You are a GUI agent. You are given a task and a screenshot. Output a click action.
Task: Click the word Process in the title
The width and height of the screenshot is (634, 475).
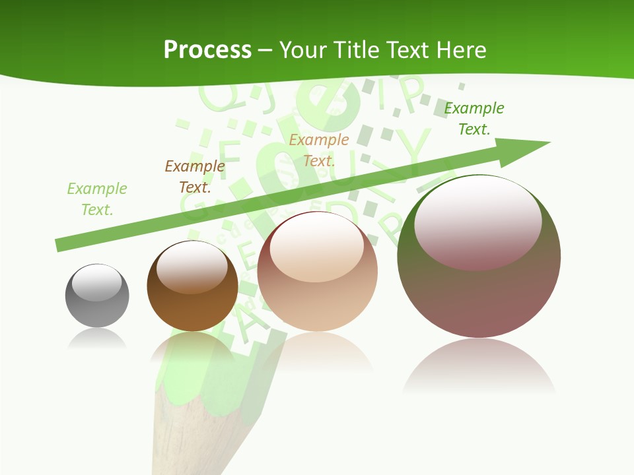[207, 49]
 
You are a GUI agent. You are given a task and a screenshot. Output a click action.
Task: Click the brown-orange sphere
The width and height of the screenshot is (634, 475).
[192, 286]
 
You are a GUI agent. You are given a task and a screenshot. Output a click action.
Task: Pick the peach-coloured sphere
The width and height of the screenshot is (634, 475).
[317, 272]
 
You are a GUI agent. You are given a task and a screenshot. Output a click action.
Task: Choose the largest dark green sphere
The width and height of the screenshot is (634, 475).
[479, 257]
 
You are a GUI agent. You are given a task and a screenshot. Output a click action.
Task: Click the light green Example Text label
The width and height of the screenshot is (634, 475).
[96, 199]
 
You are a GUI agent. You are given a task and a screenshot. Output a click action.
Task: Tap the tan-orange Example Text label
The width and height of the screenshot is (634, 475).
[318, 150]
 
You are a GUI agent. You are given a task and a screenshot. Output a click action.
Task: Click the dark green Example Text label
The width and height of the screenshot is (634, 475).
[474, 119]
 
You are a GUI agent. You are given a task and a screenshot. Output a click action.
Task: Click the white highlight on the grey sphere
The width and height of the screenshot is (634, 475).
[97, 283]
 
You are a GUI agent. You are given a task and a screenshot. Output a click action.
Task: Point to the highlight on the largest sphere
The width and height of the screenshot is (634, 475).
[478, 221]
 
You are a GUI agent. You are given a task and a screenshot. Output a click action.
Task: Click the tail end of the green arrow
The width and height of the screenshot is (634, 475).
[63, 244]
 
